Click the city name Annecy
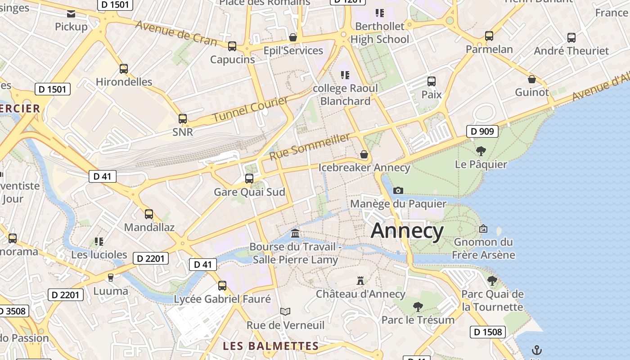point(407,231)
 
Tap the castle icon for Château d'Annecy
point(360,281)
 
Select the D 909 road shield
point(482,132)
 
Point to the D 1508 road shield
point(488,332)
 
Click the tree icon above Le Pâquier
point(481,151)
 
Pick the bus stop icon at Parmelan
point(489,36)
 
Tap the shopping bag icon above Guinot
point(532,79)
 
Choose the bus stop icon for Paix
point(432,81)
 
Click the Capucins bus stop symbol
point(232,46)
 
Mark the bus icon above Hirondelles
point(124,69)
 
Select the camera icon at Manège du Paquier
point(398,190)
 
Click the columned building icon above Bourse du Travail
point(295,233)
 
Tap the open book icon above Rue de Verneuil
point(285,311)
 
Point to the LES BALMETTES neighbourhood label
point(271,346)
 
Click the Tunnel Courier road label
point(250,109)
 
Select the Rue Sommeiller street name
point(310,147)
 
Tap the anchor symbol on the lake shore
point(536,350)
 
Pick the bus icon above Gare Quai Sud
point(249,179)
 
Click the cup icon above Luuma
point(111,277)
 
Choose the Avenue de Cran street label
point(175,33)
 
